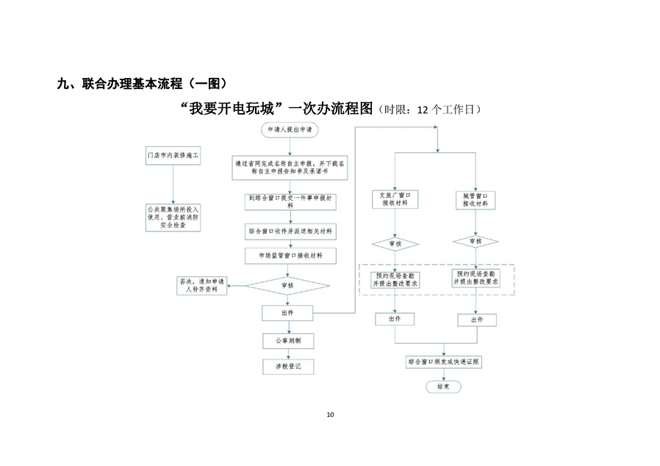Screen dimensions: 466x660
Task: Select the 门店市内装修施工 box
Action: click(173, 157)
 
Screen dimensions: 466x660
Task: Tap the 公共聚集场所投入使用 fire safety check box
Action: click(173, 217)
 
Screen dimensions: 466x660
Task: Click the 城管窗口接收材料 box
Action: click(475, 200)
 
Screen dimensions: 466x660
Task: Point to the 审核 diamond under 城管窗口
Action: click(475, 241)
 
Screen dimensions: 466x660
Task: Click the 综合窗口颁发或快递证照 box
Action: click(442, 362)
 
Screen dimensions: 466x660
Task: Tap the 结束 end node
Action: click(442, 386)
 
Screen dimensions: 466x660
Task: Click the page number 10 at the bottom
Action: click(330, 415)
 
